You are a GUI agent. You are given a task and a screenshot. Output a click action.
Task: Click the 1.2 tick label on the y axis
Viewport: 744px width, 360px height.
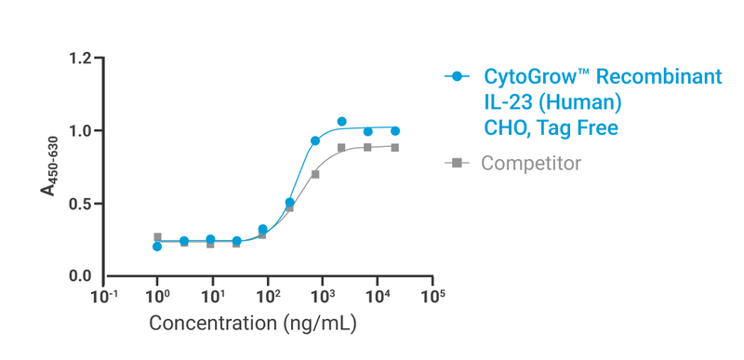coord(81,59)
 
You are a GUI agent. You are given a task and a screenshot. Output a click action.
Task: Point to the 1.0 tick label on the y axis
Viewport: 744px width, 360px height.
coord(81,131)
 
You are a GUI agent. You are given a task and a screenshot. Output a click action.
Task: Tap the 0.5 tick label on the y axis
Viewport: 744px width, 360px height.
coord(81,204)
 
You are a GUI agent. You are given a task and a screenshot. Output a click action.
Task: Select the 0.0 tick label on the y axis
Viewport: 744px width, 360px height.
coord(81,276)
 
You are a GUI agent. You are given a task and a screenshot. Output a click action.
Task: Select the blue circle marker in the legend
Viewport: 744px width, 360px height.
coord(456,76)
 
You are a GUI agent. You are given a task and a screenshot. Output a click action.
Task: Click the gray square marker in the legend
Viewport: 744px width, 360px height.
coord(456,163)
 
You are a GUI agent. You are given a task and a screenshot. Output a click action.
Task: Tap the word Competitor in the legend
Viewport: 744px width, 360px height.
coord(531,163)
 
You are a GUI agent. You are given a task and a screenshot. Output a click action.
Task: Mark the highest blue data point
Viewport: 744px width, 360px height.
coord(341,122)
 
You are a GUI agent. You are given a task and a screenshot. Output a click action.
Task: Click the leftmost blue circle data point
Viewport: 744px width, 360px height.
coord(157,247)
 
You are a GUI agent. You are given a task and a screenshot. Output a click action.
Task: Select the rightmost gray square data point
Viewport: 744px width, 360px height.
coord(395,147)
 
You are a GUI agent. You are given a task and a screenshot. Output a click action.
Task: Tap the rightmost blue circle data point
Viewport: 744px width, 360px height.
coord(395,131)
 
